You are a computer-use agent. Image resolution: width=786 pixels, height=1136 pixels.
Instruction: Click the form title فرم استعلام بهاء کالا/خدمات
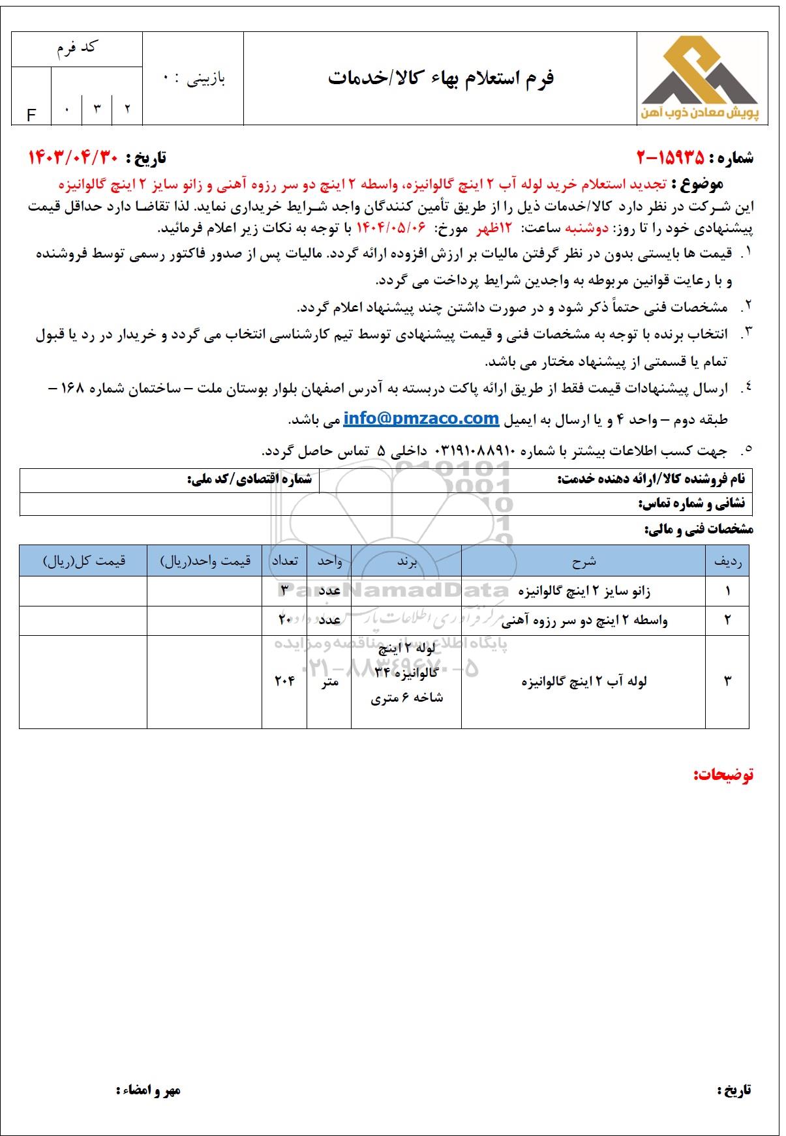440,78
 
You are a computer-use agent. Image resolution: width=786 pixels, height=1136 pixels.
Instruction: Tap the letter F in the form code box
31,115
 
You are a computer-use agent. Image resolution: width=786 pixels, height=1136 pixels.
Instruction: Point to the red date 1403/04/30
71,157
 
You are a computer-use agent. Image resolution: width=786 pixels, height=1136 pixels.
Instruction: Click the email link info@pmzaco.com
421,419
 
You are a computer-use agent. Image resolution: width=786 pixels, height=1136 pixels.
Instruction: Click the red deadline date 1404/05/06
391,229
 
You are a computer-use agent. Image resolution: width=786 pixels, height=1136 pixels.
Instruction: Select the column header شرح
584,561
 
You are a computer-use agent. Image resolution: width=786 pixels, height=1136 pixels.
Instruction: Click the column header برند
406,561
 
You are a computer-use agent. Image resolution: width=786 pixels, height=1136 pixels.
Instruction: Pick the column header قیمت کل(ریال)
83,561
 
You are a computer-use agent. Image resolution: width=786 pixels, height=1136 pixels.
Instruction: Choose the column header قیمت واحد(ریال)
205,561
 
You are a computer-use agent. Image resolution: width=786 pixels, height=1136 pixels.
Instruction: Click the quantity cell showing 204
284,681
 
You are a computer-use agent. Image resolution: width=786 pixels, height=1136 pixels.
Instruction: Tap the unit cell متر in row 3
329,681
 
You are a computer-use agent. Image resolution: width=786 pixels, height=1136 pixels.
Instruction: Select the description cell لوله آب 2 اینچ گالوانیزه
584,681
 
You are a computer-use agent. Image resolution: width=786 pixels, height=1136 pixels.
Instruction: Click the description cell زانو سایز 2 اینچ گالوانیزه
584,591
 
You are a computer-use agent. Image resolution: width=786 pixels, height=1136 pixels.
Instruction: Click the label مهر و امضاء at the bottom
148,1090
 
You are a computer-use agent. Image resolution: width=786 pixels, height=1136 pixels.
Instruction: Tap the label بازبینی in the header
202,79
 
